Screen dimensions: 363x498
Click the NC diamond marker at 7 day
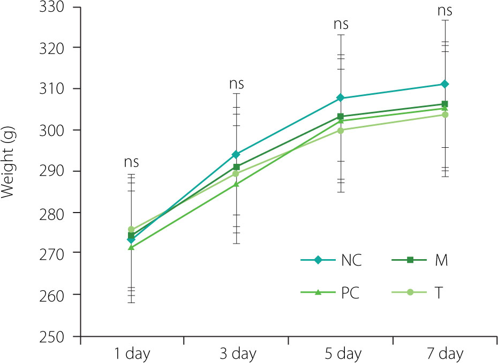click(x=444, y=84)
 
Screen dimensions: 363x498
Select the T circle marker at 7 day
click(x=444, y=115)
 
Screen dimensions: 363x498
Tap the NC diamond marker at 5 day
click(x=341, y=98)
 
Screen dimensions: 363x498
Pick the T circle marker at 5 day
click(x=341, y=130)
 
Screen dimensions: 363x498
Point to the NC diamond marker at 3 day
click(x=236, y=154)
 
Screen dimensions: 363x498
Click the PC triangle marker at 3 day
click(x=236, y=184)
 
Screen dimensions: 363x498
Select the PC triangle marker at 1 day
click(x=131, y=247)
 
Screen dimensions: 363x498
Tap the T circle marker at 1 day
click(x=131, y=229)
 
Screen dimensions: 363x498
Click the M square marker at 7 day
click(x=444, y=104)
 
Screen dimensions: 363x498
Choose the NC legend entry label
click(x=351, y=261)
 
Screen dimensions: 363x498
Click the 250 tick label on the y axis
click(x=52, y=337)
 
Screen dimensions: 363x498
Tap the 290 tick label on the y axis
click(x=52, y=171)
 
